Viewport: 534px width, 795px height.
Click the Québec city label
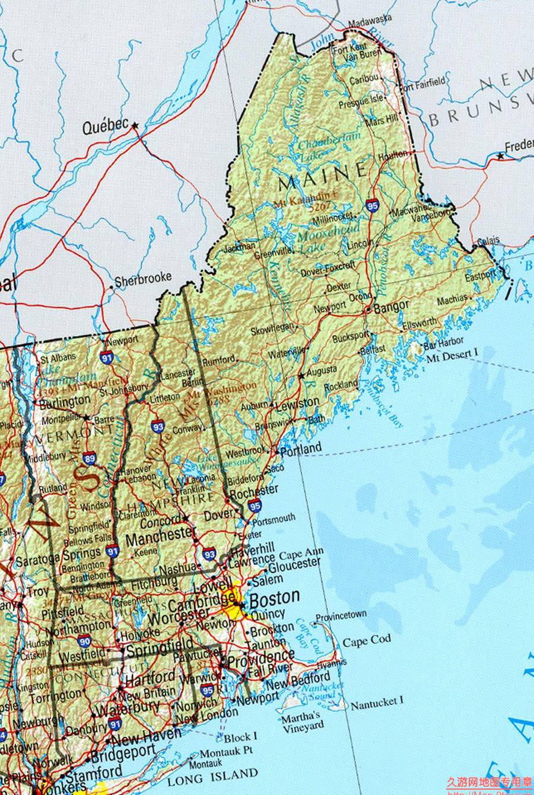point(105,126)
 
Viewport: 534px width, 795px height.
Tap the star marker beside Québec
point(135,125)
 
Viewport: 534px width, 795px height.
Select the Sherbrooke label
point(143,278)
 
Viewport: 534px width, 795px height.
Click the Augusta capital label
point(323,372)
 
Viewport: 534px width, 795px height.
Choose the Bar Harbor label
point(443,342)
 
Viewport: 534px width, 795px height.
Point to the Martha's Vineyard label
point(303,721)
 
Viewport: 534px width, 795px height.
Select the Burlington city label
point(65,402)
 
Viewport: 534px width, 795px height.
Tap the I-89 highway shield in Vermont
point(89,457)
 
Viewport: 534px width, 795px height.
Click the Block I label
point(240,737)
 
